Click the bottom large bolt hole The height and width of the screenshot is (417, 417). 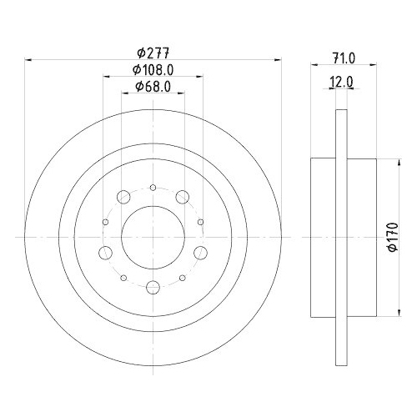tap(153, 289)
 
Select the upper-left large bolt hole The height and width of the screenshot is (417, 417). tap(123, 197)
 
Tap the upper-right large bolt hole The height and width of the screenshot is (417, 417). tap(183, 197)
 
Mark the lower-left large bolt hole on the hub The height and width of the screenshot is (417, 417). tap(105, 253)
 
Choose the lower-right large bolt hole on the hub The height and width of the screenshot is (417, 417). tap(201, 253)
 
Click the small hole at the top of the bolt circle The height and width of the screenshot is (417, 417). tap(153, 188)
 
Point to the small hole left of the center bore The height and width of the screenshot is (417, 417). tap(104, 222)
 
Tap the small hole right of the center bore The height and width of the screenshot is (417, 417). tap(202, 222)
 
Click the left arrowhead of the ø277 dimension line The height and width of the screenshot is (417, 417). tap(31, 59)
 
